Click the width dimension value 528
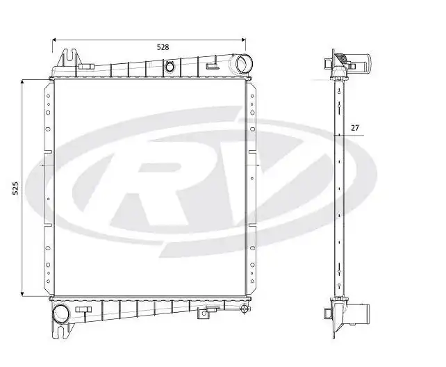click(x=163, y=47)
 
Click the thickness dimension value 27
click(x=355, y=127)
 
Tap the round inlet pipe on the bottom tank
click(x=61, y=313)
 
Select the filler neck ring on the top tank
click(x=169, y=67)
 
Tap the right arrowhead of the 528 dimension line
click(x=244, y=40)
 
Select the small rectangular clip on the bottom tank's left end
click(x=83, y=309)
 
